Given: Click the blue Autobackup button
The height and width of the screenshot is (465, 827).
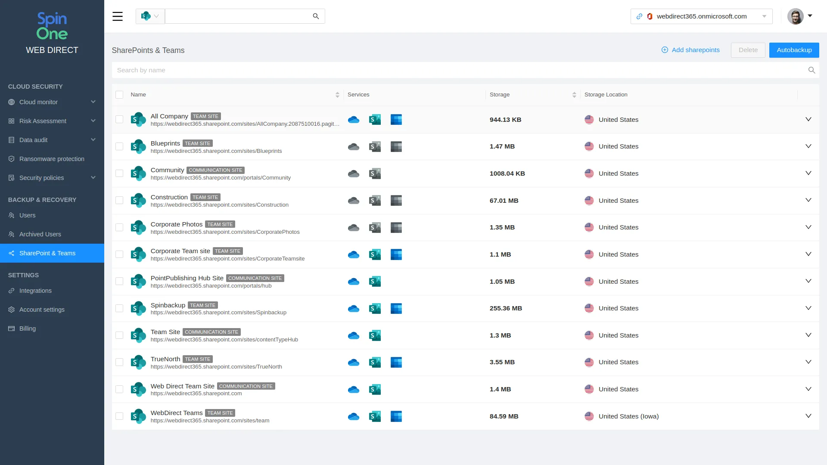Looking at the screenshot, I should [x=794, y=50].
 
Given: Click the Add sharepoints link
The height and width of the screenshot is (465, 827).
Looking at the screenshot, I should [x=690, y=50].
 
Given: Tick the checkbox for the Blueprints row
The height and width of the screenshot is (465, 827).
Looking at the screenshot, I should [x=119, y=146].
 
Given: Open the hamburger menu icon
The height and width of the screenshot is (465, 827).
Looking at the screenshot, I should [x=118, y=16].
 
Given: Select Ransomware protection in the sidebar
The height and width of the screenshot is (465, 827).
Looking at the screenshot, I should [x=52, y=159].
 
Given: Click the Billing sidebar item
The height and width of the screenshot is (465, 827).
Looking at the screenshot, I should [x=27, y=329].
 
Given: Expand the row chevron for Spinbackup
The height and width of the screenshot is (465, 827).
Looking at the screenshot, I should [x=808, y=308].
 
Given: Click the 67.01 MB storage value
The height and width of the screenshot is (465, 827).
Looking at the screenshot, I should [x=504, y=201].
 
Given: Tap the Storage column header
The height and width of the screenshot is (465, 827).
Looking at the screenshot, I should [x=500, y=95].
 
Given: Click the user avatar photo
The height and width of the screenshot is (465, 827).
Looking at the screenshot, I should [x=795, y=16].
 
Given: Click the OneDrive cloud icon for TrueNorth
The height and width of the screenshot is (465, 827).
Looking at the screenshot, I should [x=354, y=363].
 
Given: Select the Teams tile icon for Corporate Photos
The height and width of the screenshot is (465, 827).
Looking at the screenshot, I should [x=396, y=227].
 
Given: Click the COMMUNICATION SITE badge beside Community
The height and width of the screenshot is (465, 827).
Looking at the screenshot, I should [x=215, y=170].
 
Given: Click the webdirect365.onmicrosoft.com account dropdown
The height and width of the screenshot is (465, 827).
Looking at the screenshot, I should [x=701, y=16].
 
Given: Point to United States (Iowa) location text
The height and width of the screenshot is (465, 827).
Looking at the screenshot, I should [x=628, y=416].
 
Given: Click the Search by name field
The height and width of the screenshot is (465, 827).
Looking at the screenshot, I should [x=461, y=70].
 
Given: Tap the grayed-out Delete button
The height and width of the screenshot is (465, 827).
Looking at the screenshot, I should [x=748, y=50].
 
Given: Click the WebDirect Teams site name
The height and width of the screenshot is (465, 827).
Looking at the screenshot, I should [x=177, y=413].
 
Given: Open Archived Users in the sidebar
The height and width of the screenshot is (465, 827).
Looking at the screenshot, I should [x=40, y=234].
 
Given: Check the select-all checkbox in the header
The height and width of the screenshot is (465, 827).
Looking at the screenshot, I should [x=119, y=95].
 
